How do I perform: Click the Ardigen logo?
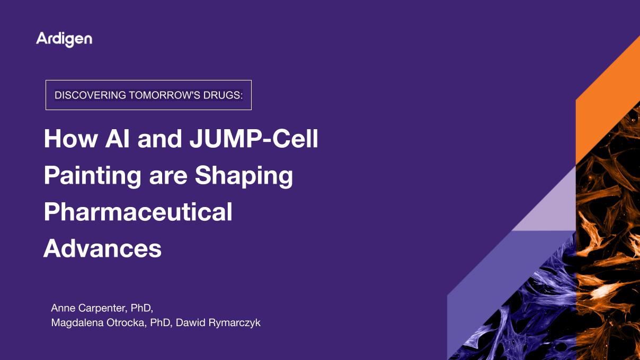[64, 39]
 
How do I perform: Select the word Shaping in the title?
[244, 176]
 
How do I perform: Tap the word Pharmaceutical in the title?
[138, 212]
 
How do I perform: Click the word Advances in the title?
[102, 248]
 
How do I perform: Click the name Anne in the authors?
[63, 308]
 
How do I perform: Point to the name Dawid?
[189, 322]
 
